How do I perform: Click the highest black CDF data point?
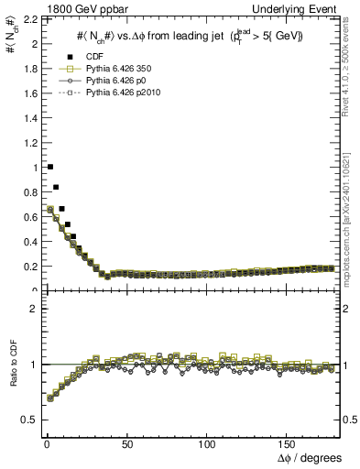coord(49,167)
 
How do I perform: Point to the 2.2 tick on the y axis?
coord(27,19)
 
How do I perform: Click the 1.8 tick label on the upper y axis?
coord(27,69)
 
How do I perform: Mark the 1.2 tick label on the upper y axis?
coord(27,143)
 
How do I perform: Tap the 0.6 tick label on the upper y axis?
coord(27,217)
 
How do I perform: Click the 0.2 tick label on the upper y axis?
coord(27,267)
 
